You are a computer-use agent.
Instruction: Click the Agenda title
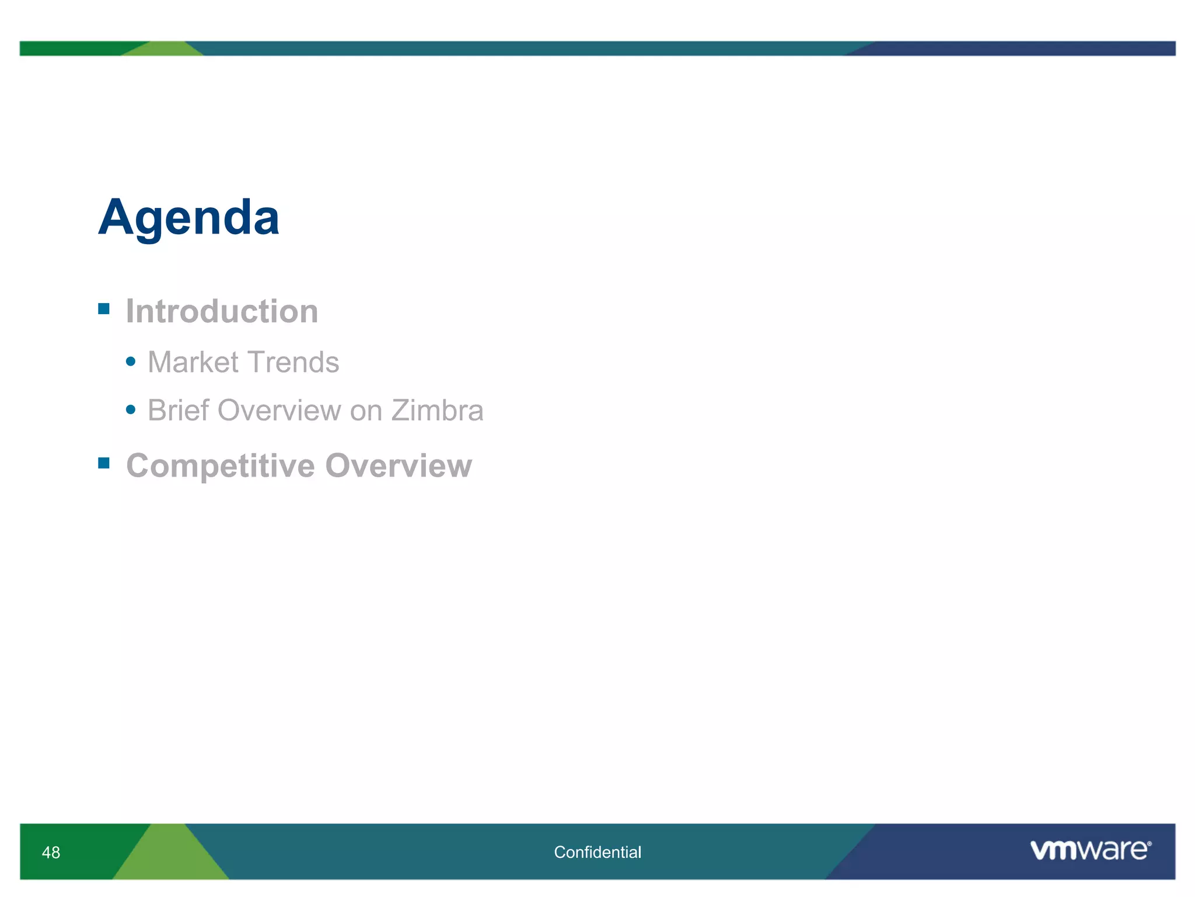click(188, 217)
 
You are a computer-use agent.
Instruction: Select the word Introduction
click(222, 311)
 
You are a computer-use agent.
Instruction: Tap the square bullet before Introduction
click(104, 308)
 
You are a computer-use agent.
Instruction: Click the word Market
click(193, 362)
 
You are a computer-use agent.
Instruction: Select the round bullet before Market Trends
click(131, 362)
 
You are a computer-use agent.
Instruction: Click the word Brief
click(178, 410)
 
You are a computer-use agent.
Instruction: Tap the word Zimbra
click(437, 410)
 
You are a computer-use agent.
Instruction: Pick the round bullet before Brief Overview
click(131, 410)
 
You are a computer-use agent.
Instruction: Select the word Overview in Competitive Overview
click(399, 466)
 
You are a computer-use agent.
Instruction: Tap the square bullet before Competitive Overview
click(104, 463)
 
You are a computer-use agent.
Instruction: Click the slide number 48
click(51, 853)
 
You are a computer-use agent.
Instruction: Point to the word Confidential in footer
click(597, 853)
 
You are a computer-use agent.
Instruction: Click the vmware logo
click(1088, 850)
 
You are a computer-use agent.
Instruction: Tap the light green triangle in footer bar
click(170, 858)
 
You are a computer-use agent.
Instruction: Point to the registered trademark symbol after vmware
click(1149, 844)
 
